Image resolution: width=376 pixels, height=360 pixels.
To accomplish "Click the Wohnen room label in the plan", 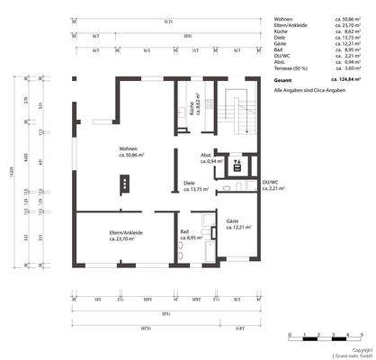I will pos(130,151).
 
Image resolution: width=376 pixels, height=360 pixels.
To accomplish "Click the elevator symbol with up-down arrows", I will pos(237,164).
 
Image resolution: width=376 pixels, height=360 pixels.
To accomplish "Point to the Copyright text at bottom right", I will pos(361,349).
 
